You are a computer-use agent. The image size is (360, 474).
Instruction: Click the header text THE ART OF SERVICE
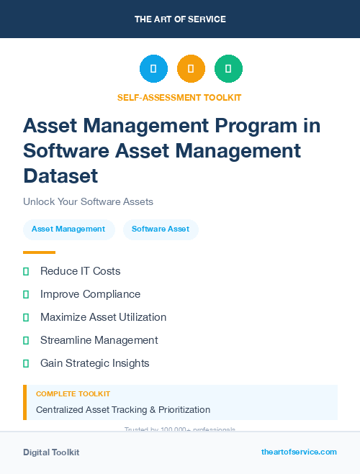coord(180,19)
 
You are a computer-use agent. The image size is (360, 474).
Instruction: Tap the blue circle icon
coord(153,69)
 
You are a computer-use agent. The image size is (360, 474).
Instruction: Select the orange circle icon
coord(191,69)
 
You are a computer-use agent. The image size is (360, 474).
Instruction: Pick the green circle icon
coord(228,69)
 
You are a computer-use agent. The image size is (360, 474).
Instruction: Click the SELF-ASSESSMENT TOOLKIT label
coord(179,97)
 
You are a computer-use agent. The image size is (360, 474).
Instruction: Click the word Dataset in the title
coord(60,176)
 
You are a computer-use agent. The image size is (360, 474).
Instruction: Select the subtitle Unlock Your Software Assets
coord(88,202)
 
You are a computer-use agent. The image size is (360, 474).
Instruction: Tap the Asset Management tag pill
coord(68,229)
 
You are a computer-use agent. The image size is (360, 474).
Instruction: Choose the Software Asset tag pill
coord(161,229)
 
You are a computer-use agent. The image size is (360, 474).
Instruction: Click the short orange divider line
coord(39,252)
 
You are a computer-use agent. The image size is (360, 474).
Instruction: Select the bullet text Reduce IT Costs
coord(80,271)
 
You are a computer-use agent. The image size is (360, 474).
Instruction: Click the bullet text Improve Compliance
coord(90,294)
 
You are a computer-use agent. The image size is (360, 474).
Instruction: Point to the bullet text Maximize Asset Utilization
coord(103,317)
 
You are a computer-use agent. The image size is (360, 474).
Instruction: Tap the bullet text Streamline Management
coord(99,340)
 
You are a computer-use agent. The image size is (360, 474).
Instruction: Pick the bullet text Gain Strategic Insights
coord(94,363)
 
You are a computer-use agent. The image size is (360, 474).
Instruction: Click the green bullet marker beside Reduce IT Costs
coord(26,271)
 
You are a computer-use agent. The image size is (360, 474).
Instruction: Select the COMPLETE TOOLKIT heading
coord(73,394)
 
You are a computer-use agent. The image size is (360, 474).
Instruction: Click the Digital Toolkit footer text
coord(51,452)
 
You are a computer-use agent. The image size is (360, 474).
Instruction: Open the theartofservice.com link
coord(299,452)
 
